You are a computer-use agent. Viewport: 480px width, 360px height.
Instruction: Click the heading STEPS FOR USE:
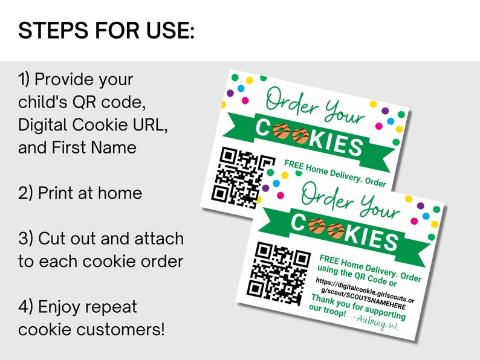click(x=106, y=30)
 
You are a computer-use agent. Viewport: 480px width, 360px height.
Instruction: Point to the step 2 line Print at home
click(x=80, y=193)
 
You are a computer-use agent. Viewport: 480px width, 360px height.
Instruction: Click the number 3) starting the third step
click(x=26, y=238)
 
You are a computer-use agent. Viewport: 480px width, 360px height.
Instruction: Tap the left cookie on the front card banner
click(x=316, y=227)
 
